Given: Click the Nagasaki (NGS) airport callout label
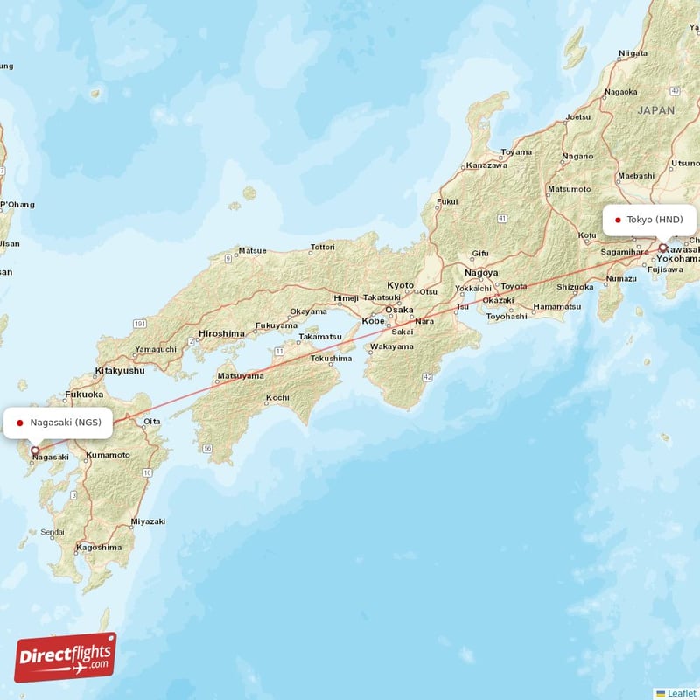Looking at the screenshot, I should [59, 423].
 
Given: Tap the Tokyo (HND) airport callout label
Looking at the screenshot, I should [649, 220].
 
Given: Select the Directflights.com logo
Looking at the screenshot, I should [65, 658].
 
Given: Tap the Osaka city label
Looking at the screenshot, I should [400, 310].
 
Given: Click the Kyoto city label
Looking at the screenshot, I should [401, 285].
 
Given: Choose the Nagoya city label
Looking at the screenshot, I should [481, 272].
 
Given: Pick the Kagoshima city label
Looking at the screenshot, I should [99, 547].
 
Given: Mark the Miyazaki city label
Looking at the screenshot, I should [148, 521].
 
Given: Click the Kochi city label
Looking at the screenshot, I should [277, 397].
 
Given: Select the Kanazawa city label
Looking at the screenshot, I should [486, 164].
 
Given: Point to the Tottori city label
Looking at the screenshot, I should [322, 248].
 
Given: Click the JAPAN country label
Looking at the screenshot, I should [655, 110].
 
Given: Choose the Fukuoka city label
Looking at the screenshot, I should [85, 395].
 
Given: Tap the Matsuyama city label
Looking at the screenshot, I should [240, 375].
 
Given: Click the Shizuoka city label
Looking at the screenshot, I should [575, 286].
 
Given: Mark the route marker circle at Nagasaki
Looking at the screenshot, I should [35, 451].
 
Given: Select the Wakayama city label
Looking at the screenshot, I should [392, 346].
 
